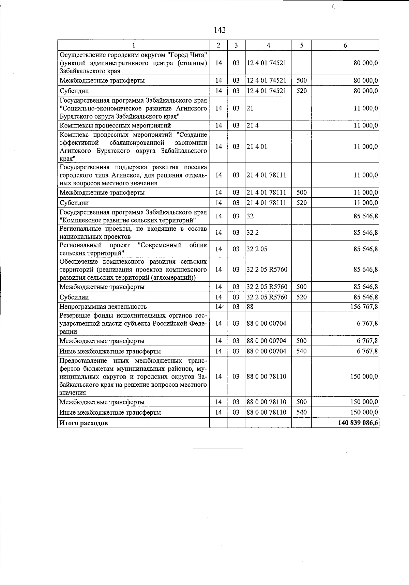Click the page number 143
[x=219, y=30]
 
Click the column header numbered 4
[x=268, y=45]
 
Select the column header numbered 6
[x=345, y=45]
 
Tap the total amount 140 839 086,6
[x=358, y=423]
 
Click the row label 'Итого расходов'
[x=84, y=423]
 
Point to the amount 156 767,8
[x=364, y=307]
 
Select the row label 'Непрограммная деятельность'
[x=103, y=307]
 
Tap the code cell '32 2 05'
[x=257, y=249]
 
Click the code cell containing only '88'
[x=250, y=307]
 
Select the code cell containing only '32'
[x=250, y=216]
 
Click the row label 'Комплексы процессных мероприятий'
[x=110, y=125]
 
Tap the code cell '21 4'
[x=253, y=125]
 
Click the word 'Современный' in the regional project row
[x=160, y=245]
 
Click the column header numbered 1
[x=133, y=45]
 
